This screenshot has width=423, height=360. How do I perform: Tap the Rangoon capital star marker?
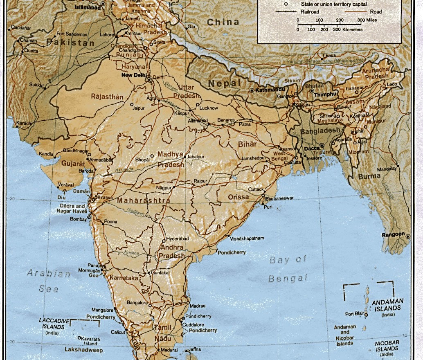pyautogui.click(x=408, y=235)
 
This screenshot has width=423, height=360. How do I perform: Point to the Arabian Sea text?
pyautogui.click(x=49, y=281)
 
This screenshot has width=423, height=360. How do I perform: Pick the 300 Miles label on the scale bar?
pyautogui.click(x=367, y=20)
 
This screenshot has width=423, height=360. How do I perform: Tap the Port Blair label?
pyautogui.click(x=354, y=314)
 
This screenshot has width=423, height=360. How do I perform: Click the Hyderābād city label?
pyautogui.click(x=178, y=239)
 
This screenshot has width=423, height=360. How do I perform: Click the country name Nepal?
pyautogui.click(x=224, y=83)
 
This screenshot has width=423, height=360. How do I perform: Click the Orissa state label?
pyautogui.click(x=238, y=197)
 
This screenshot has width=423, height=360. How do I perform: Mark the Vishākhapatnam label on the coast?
pyautogui.click(x=247, y=238)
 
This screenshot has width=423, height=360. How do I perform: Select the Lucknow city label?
pyautogui.click(x=209, y=108)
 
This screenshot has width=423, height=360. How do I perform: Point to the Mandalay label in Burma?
pyautogui.click(x=387, y=169)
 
